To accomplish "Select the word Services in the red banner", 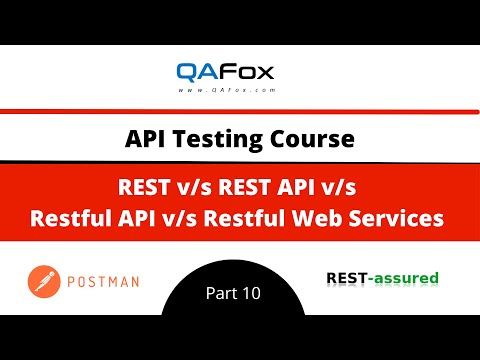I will (407, 214).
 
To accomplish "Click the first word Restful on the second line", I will (75, 214).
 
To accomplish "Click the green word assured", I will (405, 277).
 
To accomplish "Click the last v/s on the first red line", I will (340, 186).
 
